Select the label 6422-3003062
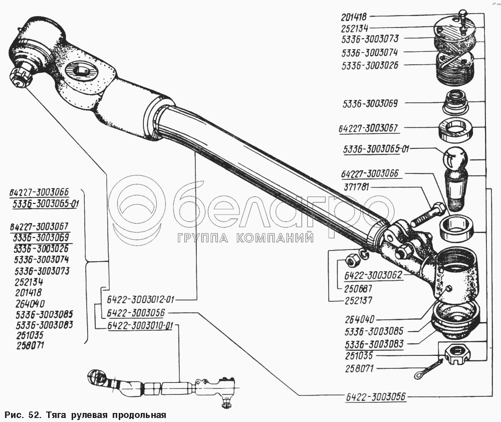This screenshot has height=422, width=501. pos(372,276)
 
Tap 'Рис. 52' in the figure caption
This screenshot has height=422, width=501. pos(22,415)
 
